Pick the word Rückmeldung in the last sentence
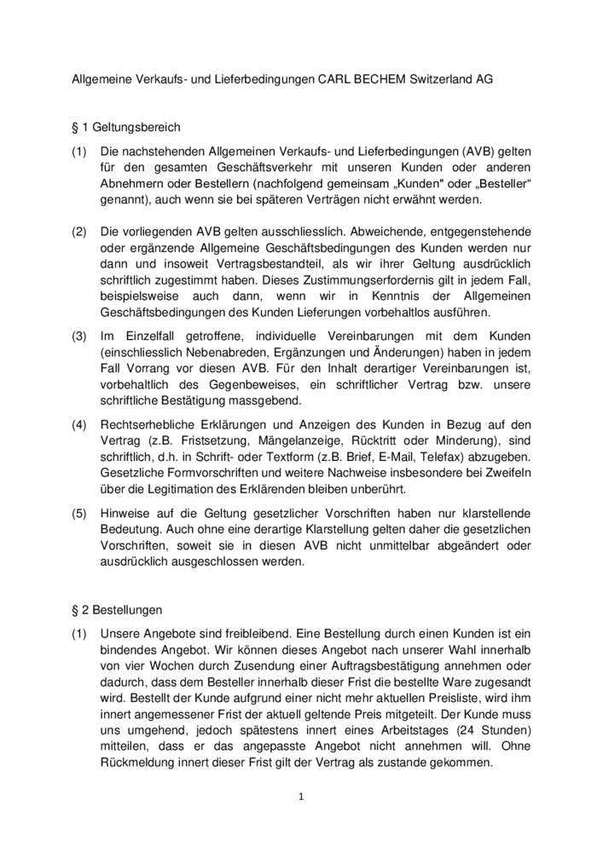(x=141, y=763)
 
